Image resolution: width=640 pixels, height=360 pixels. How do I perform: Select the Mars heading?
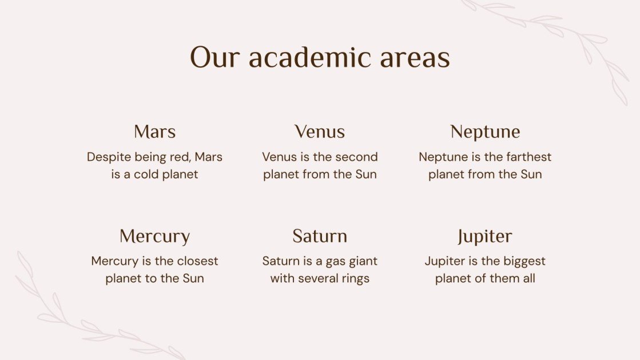[154, 132]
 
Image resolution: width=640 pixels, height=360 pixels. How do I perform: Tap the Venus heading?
[320, 132]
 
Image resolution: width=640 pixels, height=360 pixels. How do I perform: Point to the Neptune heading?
[485, 132]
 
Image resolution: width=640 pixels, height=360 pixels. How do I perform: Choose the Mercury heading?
[154, 236]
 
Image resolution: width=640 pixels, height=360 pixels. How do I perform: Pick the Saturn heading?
[320, 236]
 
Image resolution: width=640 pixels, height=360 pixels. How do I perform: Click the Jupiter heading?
[485, 236]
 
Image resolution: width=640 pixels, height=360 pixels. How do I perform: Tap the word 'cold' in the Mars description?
[146, 175]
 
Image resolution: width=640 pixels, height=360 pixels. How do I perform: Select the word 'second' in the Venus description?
[357, 157]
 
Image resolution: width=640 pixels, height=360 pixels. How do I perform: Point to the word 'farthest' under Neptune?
[527, 157]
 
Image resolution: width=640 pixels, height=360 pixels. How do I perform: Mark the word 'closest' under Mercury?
[197, 261]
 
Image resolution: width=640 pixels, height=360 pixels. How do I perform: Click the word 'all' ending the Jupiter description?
[528, 279]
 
